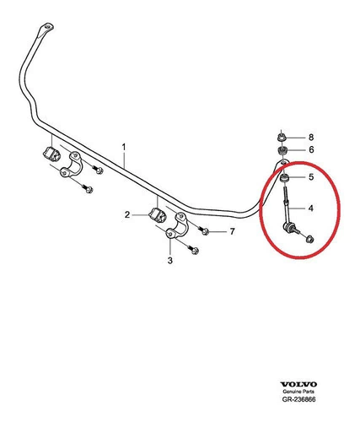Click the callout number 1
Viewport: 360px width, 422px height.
coord(124,147)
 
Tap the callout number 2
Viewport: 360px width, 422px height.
coord(127,215)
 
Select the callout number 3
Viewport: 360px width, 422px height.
coord(170,261)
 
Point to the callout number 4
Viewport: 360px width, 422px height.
coord(310,208)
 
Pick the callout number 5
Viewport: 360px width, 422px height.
coord(311,177)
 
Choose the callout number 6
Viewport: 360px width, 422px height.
coord(311,149)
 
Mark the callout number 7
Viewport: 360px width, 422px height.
coord(232,231)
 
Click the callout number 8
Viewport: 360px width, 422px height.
coord(311,138)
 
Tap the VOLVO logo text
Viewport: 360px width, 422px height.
coord(298,384)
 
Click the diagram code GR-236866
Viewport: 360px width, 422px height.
coord(298,399)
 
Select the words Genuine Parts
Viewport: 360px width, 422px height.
coord(298,392)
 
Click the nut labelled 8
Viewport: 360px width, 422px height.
coord(281,138)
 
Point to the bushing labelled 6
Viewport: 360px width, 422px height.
coord(282,150)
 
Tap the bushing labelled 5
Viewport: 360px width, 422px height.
coord(285,178)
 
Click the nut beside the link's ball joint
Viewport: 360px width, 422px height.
coord(309,240)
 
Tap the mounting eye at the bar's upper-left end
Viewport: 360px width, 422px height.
coord(47,28)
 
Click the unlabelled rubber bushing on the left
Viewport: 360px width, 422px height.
coord(51,154)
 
